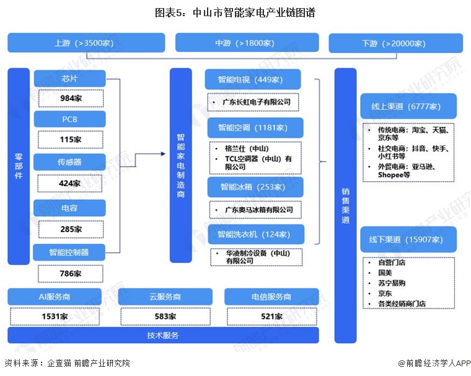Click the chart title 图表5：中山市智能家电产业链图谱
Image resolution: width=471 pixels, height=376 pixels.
[x=235, y=13]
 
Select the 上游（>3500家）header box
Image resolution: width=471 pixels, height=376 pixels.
[x=86, y=43]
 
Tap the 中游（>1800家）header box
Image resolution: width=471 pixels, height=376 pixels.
[x=247, y=43]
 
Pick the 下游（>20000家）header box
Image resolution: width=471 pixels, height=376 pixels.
[x=396, y=43]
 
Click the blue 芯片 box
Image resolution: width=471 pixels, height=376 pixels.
[x=69, y=79]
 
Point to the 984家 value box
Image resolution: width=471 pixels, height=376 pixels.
[x=70, y=98]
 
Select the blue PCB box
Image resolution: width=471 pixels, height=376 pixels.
[x=69, y=119]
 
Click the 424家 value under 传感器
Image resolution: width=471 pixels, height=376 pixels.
[x=70, y=183]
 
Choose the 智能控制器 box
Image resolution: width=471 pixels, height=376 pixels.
[x=69, y=253]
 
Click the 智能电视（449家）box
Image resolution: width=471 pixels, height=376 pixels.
[x=253, y=79]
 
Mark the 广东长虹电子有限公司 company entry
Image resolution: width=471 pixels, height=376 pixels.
[x=256, y=101]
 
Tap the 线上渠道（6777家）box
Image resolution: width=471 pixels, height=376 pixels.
[x=408, y=106]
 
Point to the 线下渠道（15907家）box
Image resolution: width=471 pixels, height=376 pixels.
[x=408, y=239]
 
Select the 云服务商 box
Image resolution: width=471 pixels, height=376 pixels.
[x=165, y=297]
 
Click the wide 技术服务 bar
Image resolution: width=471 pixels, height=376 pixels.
[x=163, y=336]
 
